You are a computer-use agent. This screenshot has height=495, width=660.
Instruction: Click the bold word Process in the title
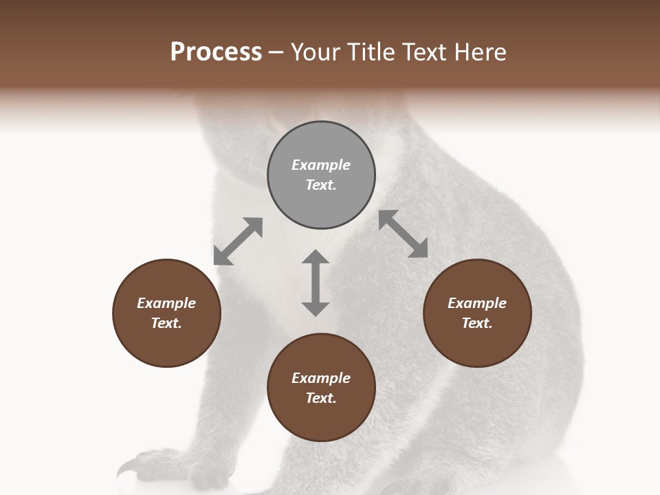[x=216, y=52]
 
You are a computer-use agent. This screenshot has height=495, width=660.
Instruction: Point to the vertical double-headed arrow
[x=316, y=283]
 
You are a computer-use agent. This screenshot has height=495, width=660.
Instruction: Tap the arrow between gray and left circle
[x=238, y=241]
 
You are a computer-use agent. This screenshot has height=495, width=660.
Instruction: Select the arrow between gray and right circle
[x=403, y=234]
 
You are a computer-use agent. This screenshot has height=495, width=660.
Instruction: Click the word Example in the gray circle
[x=321, y=165]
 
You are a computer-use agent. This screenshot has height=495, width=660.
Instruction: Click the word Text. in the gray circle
[x=321, y=185]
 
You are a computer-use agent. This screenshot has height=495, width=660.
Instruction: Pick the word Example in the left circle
[x=166, y=303]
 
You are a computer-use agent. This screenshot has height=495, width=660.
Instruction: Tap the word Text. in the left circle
[x=166, y=323]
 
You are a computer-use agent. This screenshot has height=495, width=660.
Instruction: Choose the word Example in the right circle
[x=477, y=303]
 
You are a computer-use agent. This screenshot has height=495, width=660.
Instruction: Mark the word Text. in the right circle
[x=477, y=323]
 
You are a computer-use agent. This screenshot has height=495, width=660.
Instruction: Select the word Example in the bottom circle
[x=321, y=378]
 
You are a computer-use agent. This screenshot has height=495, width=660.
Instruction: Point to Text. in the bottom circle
[x=321, y=398]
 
